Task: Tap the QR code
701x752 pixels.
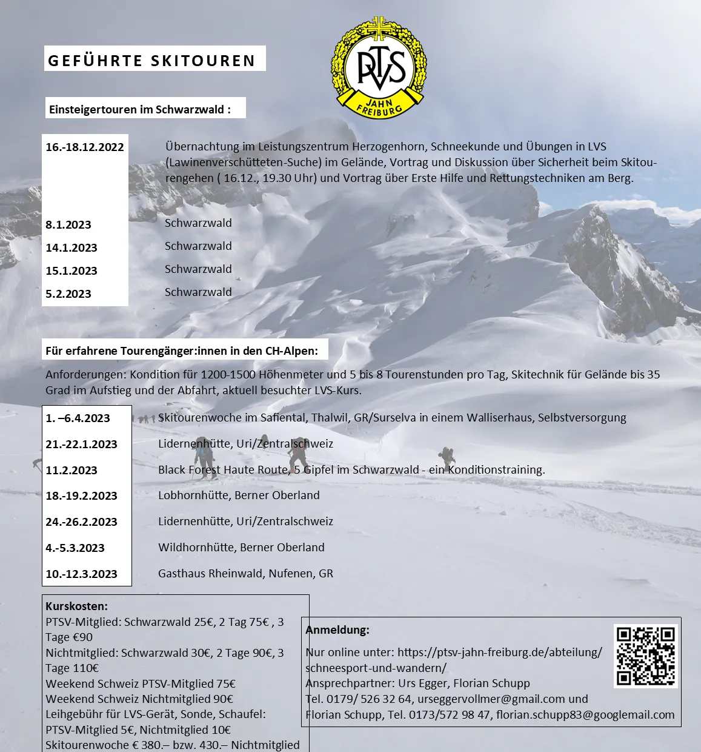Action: point(645,656)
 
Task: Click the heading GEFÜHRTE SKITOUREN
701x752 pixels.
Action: point(152,61)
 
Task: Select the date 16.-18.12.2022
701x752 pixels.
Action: point(85,147)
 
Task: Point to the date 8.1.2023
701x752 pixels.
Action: point(68,225)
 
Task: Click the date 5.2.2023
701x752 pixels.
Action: point(68,294)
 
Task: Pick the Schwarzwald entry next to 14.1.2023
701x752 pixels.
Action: point(198,246)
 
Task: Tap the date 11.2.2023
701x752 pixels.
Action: point(71,471)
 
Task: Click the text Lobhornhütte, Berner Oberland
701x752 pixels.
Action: point(239,495)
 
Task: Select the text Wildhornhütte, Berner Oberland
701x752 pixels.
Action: point(241,548)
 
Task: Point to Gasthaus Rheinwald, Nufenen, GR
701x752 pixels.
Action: point(245,574)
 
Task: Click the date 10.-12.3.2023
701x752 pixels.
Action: point(81,574)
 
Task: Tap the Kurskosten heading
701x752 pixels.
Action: point(76,606)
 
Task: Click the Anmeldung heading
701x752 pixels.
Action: point(337,630)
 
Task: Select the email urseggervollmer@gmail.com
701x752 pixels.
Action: point(491,699)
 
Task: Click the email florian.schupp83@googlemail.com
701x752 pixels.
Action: point(585,715)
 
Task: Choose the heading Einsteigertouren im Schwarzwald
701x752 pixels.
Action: point(139,110)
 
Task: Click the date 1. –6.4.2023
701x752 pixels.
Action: point(78,418)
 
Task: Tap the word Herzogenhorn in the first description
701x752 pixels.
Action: point(389,147)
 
